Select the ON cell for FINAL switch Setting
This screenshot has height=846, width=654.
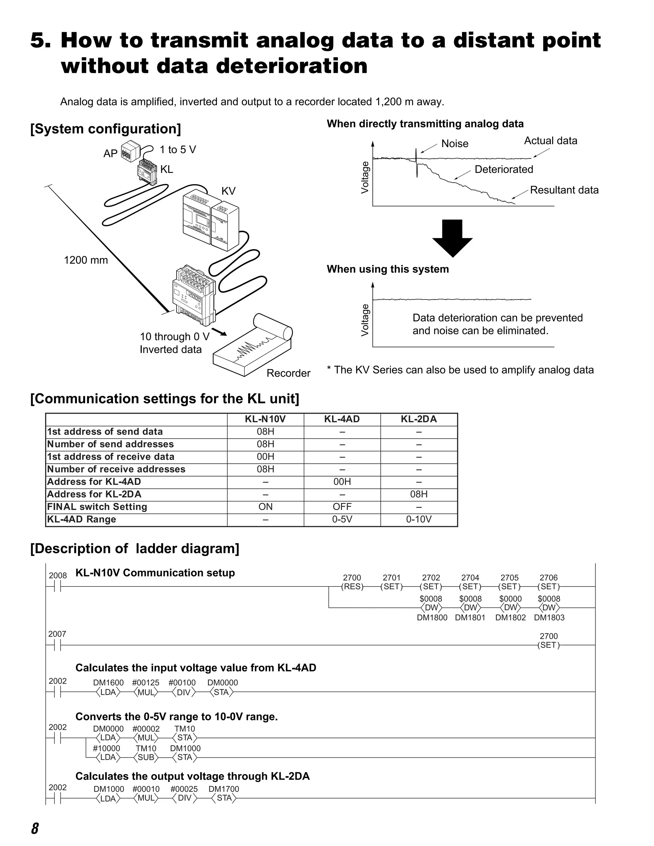pos(265,507)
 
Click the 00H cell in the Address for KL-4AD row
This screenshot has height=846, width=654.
pos(342,481)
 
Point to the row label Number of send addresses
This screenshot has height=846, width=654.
pos(110,444)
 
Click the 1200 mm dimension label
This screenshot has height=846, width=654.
pos(86,260)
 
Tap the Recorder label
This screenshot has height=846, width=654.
pos(288,373)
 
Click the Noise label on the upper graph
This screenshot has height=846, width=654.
pos(455,144)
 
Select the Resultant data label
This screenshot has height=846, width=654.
pos(564,190)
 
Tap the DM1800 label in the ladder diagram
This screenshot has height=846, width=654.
pos(432,617)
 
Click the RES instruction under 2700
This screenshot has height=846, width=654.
pos(352,586)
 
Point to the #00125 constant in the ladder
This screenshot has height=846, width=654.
pos(146,683)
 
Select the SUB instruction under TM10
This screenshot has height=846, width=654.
pos(146,757)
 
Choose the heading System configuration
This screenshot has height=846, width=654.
pos(106,129)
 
